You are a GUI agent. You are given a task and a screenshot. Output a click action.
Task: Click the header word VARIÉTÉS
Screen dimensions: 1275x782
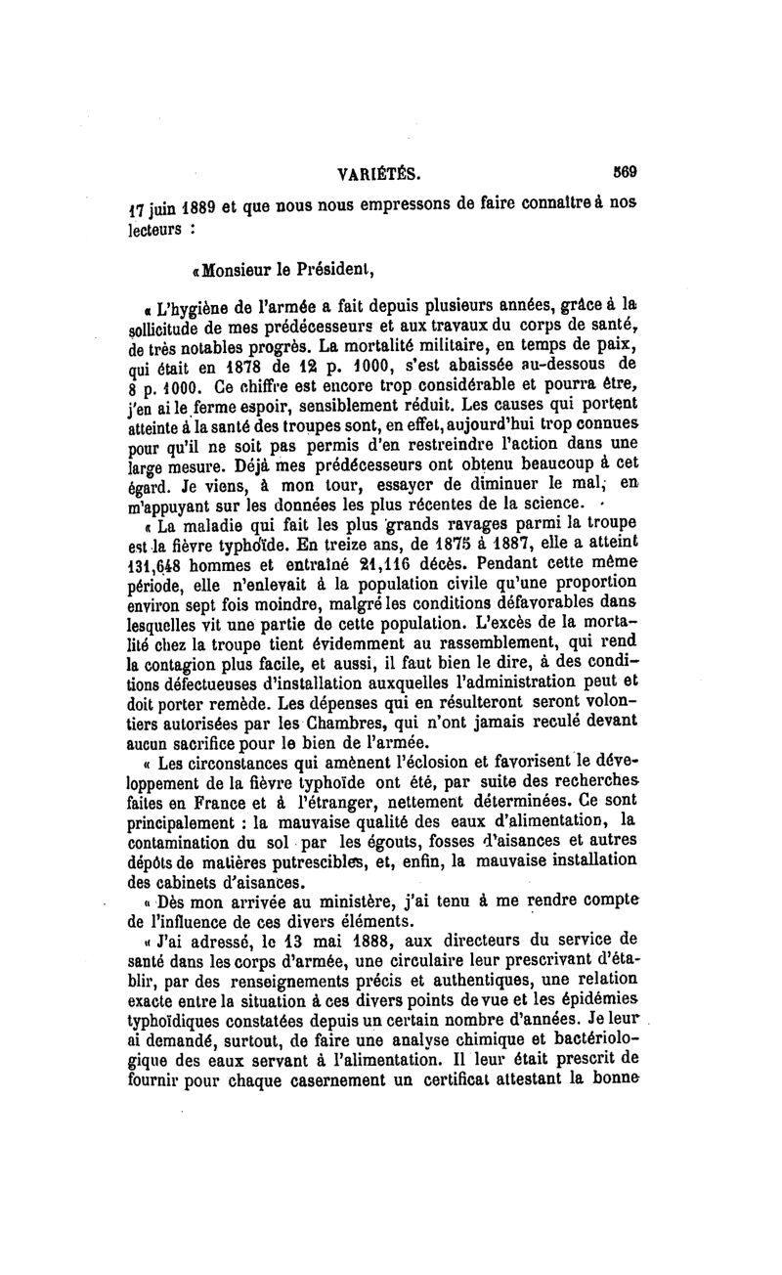(x=378, y=175)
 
